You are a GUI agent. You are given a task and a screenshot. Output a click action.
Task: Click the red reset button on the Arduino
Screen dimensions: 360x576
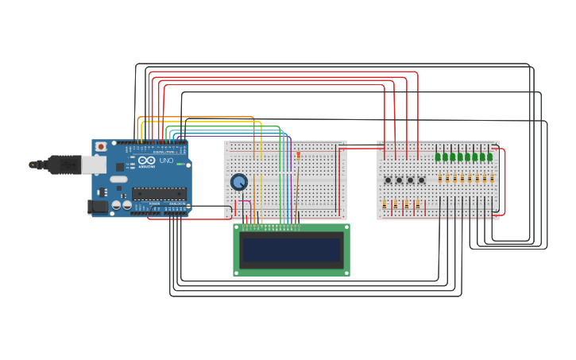[101, 147]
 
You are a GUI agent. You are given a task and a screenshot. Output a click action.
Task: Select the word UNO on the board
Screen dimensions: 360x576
[166, 161]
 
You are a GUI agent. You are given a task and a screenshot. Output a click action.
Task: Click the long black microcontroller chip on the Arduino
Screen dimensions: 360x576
[159, 192]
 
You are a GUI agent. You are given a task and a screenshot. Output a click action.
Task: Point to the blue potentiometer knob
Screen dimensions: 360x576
[238, 182]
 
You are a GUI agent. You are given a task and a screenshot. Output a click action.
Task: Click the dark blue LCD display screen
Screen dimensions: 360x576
[292, 250]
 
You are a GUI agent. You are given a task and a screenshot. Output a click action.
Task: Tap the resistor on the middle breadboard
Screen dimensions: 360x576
[298, 157]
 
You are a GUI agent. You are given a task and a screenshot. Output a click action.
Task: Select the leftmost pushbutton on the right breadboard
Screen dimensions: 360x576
[388, 180]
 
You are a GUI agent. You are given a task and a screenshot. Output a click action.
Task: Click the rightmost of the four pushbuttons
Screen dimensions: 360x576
[421, 180]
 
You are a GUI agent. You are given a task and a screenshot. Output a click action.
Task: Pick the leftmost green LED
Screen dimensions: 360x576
[438, 157]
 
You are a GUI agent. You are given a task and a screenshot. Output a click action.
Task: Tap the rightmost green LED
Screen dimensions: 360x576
[490, 157]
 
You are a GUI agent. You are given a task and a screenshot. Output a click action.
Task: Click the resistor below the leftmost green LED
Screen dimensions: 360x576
[438, 179]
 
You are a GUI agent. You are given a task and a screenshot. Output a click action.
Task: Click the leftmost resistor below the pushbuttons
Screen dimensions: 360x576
[385, 205]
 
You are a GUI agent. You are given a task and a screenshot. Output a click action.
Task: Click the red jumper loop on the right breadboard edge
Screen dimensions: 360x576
[502, 181]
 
